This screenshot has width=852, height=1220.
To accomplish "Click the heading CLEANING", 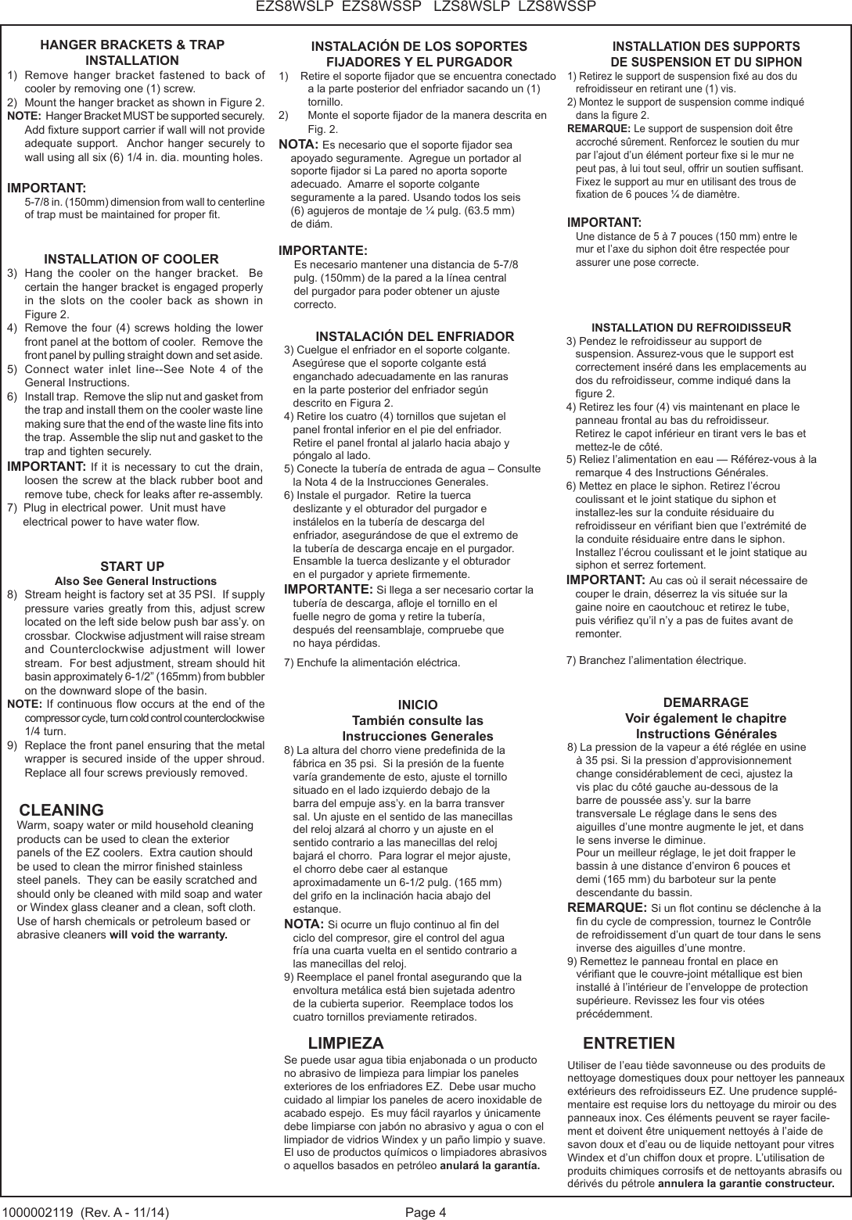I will tap(61, 809).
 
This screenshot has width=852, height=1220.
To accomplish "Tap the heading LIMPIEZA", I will tap(346, 1043).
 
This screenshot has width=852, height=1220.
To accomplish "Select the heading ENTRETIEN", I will tap(629, 1043).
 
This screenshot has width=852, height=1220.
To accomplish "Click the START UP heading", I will tap(132, 566).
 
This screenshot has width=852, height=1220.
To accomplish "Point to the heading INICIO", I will tap(418, 705).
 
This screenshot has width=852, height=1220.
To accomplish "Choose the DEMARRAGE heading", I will tap(705, 701).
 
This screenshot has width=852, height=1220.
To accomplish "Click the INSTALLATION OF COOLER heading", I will tap(131, 259).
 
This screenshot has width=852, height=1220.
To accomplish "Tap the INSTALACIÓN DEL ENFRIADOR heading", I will tap(415, 336).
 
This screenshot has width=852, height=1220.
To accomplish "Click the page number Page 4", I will tap(426, 1212).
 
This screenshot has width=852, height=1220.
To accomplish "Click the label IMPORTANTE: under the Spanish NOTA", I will tap(323, 251).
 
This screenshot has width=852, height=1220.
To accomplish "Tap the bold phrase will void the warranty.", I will tap(168, 935).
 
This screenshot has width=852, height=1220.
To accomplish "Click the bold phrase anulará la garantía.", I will tap(490, 1165).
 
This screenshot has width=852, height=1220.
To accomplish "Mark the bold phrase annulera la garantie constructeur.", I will tap(746, 1183).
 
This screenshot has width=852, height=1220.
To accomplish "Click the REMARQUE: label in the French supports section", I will tap(599, 128).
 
